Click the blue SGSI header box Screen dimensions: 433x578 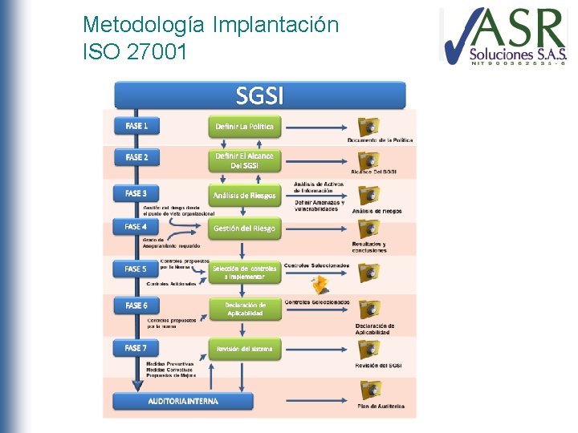tap(259, 95)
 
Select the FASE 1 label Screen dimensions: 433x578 tap(137, 125)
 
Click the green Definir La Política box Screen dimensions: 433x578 tap(245, 126)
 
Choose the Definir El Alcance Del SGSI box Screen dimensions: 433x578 tap(245, 160)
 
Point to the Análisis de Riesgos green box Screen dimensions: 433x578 tap(245, 195)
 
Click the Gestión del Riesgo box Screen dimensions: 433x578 tap(245, 229)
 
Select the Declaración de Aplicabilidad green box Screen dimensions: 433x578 tap(245, 309)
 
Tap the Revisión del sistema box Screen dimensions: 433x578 tap(245, 349)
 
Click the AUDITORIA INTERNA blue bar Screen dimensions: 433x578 tap(183, 400)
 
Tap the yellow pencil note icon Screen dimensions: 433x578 tap(320, 284)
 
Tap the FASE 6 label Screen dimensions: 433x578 tap(137, 306)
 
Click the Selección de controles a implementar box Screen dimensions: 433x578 tap(245, 272)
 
